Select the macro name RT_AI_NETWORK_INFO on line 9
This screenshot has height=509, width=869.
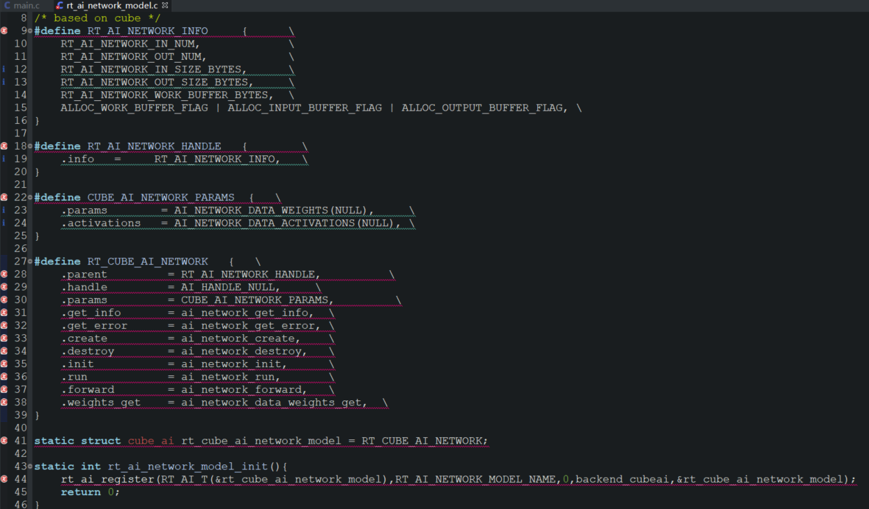pyautogui.click(x=147, y=31)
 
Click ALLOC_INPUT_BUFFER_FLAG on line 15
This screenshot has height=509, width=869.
pyautogui.click(x=305, y=108)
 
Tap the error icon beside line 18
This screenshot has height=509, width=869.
pyautogui.click(x=5, y=146)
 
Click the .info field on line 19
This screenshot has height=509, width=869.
pyautogui.click(x=77, y=159)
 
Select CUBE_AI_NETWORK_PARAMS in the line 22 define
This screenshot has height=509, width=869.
pyautogui.click(x=160, y=198)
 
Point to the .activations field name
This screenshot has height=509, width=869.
pyautogui.click(x=100, y=224)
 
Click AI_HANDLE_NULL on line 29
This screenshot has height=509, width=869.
pyautogui.click(x=230, y=288)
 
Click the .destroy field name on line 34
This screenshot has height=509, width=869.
pyautogui.click(x=87, y=352)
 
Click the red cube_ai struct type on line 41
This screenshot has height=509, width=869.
pyautogui.click(x=151, y=441)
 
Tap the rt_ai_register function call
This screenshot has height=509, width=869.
pyautogui.click(x=107, y=479)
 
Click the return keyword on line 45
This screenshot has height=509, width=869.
pyautogui.click(x=81, y=492)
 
